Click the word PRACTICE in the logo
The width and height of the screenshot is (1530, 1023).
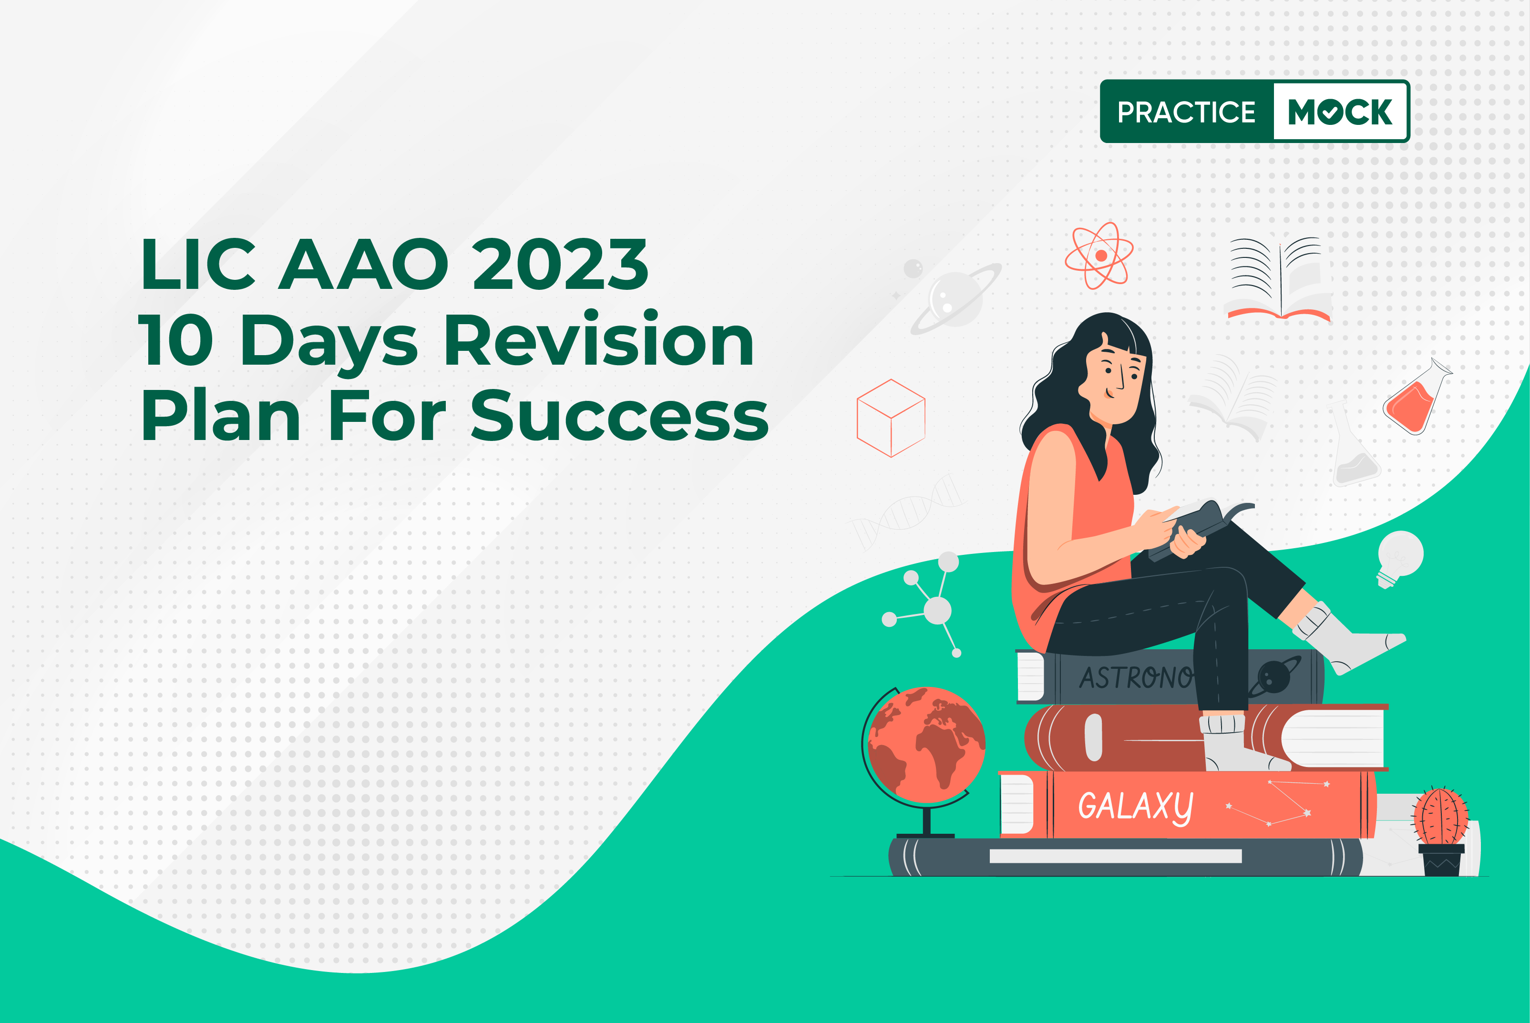tap(1186, 112)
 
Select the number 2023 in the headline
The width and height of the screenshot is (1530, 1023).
tap(560, 264)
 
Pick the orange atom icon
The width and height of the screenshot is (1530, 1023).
tap(1099, 255)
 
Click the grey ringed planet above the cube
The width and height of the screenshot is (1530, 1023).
tap(956, 298)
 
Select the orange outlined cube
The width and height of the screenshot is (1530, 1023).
tap(891, 418)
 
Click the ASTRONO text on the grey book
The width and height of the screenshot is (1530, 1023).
tap(1136, 678)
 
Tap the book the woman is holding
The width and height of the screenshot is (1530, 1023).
tap(1199, 528)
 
